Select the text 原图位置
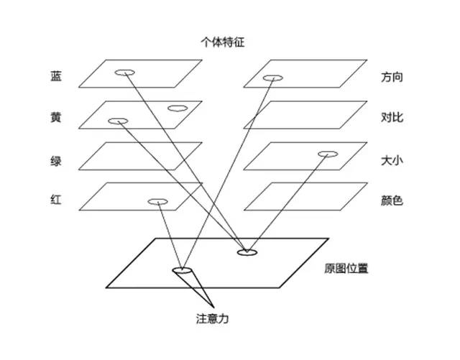coord(347,269)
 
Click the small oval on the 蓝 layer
coord(125,72)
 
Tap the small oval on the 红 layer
coord(157,202)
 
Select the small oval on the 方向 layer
coord(272,78)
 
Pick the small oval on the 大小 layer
coord(327,154)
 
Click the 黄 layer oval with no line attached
coord(176,109)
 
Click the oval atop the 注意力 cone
coord(182,270)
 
